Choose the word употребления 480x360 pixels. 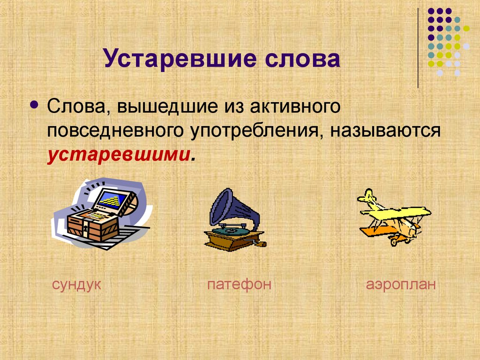[255, 131]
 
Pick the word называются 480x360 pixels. [385, 131]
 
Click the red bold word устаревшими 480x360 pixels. [118, 155]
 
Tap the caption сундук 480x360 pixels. [77, 285]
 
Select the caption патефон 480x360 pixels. [240, 285]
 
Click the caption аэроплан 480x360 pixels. [401, 285]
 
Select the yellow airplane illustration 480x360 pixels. [394, 217]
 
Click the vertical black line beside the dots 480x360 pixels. [418, 47]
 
